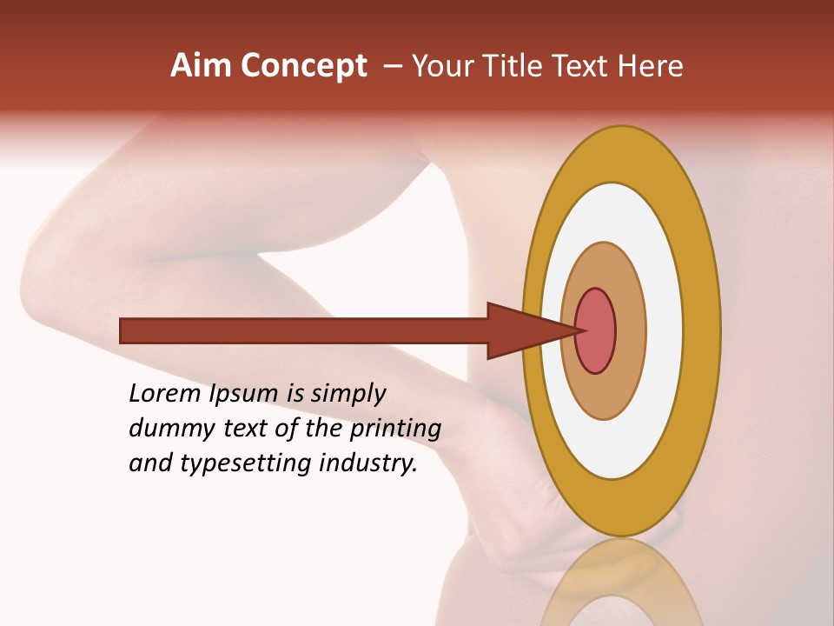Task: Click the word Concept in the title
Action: click(303, 66)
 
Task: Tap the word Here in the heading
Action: click(651, 66)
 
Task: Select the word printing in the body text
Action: click(395, 430)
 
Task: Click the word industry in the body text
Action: click(368, 464)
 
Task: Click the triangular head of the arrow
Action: click(526, 330)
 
